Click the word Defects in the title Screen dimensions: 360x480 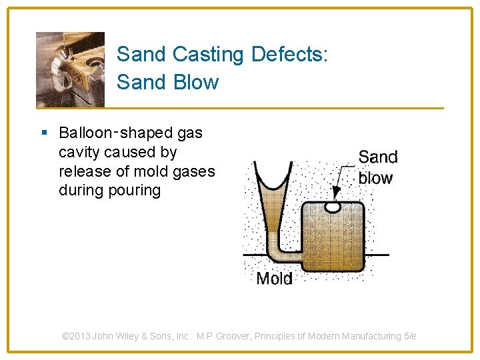[289, 55]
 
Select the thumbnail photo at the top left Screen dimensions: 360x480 [70, 69]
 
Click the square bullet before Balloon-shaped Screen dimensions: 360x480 [44, 133]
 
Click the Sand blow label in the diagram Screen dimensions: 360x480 [377, 167]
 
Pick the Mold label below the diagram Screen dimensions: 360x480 [274, 278]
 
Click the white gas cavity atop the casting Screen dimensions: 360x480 [332, 207]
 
